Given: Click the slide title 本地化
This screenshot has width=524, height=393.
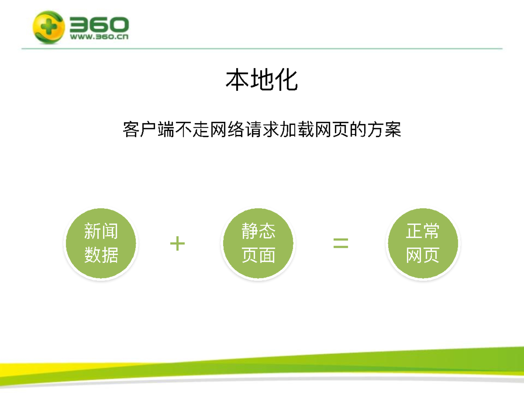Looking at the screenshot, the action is pos(262,80).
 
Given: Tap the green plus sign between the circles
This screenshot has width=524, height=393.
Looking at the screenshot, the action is pos(177,243).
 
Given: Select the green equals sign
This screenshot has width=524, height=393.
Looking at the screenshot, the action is pos(341,243).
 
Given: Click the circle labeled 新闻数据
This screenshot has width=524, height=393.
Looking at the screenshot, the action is pos(101,243).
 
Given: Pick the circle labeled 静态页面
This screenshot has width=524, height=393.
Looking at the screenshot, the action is pos(258,243).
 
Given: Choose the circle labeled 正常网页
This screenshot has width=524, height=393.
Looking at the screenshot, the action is pos(423,243).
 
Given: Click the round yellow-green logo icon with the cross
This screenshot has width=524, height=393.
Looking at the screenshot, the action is pos(49,27).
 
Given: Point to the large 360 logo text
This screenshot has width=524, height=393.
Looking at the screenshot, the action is pos(99,25).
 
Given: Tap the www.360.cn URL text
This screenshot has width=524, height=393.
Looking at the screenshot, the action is pos(99,37).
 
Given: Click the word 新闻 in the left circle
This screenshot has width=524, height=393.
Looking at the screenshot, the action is pos(101,231).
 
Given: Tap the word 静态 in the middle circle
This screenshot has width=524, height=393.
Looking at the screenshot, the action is pos(258,231).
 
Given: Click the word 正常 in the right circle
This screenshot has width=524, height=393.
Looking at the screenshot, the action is pos(423,231).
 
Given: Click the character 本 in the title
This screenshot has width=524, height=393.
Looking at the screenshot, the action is pos(237,80).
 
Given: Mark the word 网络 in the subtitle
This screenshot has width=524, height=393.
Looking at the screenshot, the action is pos(227,130).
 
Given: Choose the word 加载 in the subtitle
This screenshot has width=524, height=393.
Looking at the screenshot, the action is pos(297,130).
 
